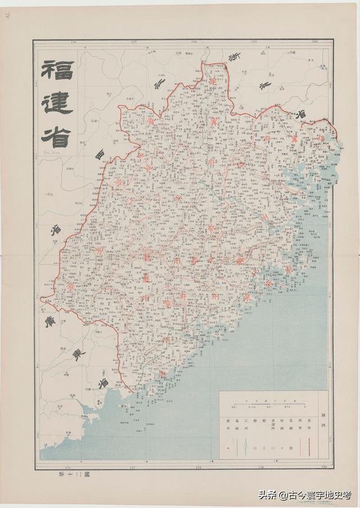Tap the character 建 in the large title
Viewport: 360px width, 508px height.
[56, 105]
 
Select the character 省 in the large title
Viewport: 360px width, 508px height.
[56, 135]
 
